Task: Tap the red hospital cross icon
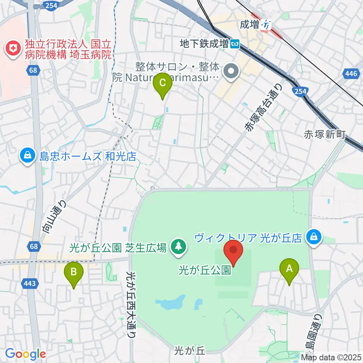click(12, 48)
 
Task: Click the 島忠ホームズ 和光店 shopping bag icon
click(28, 156)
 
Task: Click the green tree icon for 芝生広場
click(177, 248)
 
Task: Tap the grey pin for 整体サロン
click(231, 71)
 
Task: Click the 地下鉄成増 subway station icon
click(235, 44)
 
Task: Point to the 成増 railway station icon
click(268, 25)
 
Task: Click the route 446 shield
click(351, 74)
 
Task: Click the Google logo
click(25, 354)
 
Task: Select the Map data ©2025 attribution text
click(331, 357)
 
